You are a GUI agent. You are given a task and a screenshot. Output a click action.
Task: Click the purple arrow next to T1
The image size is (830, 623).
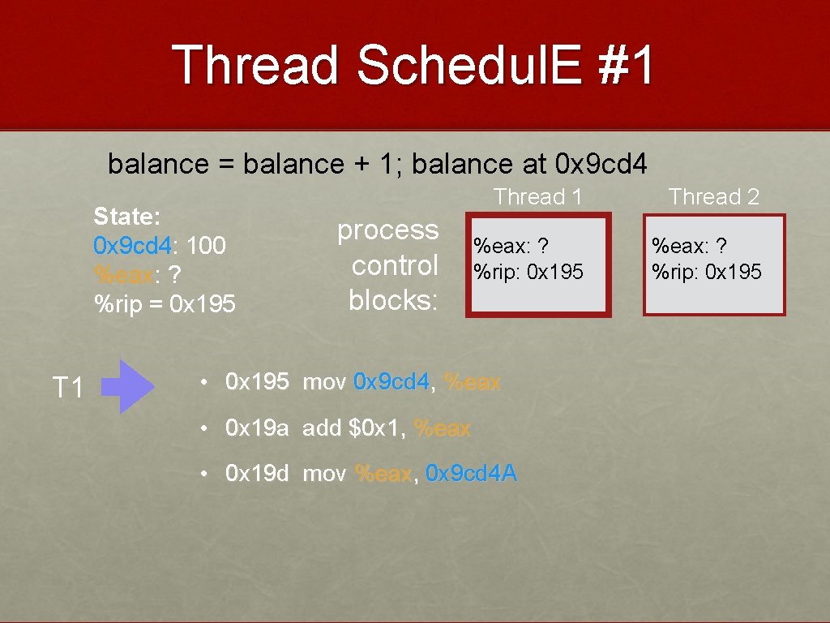[x=127, y=386]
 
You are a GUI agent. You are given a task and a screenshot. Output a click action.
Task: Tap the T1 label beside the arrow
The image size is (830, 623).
[x=68, y=387]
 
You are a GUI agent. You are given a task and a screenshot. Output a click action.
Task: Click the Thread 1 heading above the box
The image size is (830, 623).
[x=538, y=196]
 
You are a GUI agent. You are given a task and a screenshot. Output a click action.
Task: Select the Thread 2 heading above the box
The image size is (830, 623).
[x=713, y=196]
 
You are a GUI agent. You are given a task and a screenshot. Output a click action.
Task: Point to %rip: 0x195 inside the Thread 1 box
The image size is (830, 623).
[x=528, y=272]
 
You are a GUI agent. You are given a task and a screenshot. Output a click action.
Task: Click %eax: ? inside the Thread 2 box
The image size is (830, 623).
[x=689, y=246]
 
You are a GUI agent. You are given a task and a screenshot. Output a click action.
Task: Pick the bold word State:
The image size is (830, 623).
[x=127, y=216]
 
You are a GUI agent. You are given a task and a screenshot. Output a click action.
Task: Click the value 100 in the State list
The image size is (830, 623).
[x=207, y=245]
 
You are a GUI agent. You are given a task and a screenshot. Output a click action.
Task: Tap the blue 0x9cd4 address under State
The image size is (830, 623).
[x=132, y=245]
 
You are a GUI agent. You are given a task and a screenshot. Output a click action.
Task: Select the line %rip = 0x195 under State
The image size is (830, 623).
[x=165, y=304]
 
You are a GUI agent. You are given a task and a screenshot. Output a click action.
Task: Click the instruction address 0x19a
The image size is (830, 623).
[x=257, y=428]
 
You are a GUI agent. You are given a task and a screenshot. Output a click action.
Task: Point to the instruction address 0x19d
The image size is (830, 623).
[x=257, y=473]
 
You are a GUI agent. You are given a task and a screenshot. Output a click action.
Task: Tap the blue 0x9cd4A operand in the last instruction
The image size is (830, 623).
[x=471, y=473]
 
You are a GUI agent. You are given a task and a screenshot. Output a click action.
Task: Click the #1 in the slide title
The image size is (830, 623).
[x=627, y=65]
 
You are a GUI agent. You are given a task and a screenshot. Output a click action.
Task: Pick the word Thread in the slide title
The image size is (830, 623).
[x=255, y=65]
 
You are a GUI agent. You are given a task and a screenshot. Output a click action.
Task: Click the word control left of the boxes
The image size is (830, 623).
[x=395, y=265]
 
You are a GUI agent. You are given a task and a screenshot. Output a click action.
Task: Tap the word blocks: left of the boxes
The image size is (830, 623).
[x=393, y=300]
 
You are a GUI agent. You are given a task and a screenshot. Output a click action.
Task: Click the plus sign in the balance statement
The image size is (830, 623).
[x=362, y=164]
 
